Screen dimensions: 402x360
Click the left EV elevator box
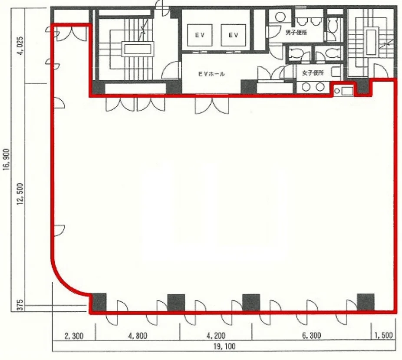click(x=200, y=35)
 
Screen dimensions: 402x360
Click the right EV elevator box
click(x=233, y=35)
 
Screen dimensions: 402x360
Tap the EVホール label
click(x=211, y=74)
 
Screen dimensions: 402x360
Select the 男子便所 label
click(x=296, y=33)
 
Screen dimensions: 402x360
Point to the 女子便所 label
click(x=313, y=73)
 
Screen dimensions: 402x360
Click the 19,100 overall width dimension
click(x=224, y=347)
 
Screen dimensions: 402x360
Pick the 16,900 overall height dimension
click(x=6, y=159)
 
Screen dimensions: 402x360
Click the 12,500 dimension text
click(x=20, y=194)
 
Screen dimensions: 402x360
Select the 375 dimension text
click(x=20, y=304)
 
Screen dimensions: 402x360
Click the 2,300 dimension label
click(x=74, y=336)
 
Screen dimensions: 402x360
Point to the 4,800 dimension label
click(x=138, y=336)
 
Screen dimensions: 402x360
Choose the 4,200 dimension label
click(x=216, y=336)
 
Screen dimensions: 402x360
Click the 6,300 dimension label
click(x=311, y=336)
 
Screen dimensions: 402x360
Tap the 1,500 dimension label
click(x=383, y=336)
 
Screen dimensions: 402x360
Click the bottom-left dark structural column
click(x=99, y=302)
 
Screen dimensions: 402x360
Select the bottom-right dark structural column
click(x=366, y=302)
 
